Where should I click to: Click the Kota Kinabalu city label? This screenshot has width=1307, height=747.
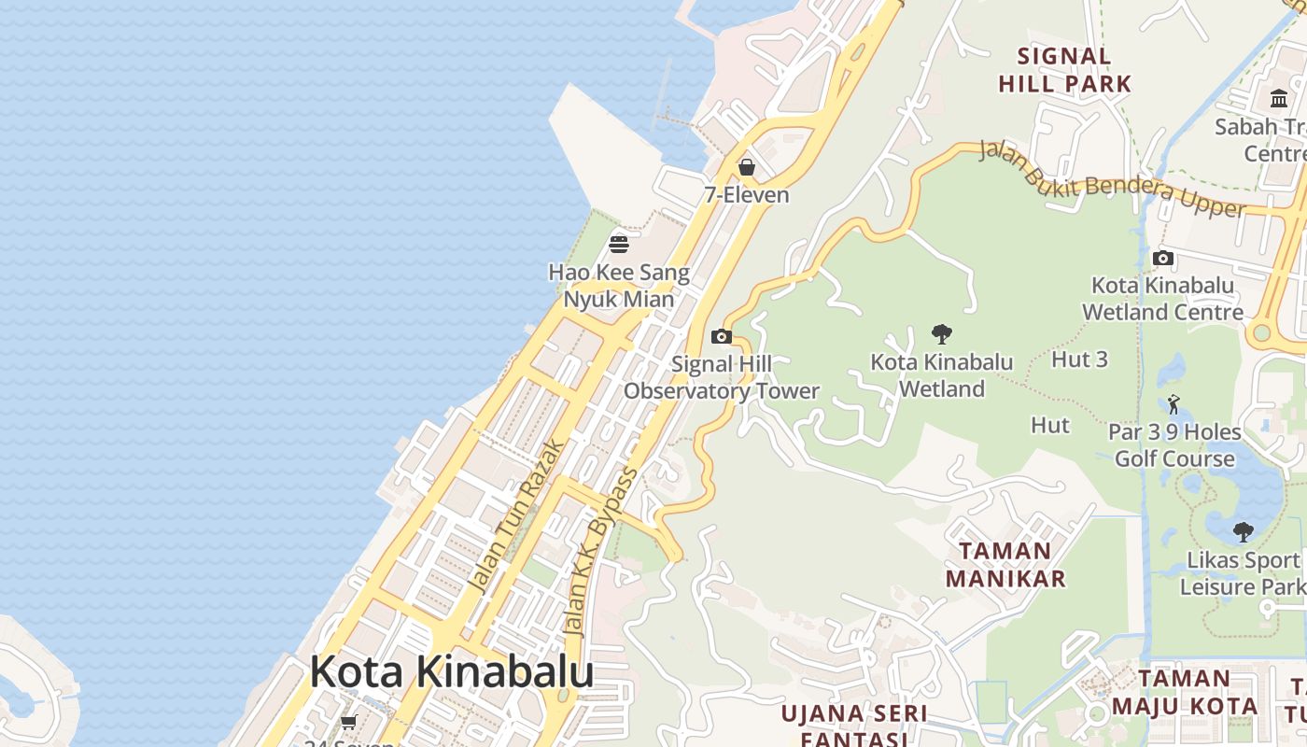pos(451,671)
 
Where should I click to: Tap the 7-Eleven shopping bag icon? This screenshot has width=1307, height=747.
pos(746,167)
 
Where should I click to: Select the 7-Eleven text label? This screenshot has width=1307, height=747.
pos(746,195)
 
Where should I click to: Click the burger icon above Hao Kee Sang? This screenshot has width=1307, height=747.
pos(618,245)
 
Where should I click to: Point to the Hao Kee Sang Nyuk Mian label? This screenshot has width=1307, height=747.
pos(619,286)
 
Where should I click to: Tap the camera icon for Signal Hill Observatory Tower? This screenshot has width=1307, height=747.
pos(721,336)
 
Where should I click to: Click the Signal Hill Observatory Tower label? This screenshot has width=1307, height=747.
pos(722,377)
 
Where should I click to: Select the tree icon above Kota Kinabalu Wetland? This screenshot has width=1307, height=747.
pos(941,333)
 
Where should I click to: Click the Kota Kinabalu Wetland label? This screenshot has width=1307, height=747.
pos(941,374)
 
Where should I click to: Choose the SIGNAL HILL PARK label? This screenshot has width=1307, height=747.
pos(1064,70)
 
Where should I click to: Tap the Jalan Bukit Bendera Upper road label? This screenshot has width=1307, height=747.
pos(1111,179)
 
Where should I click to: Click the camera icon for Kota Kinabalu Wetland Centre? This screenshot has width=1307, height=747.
pos(1162,258)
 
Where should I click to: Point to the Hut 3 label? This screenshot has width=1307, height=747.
pos(1079,359)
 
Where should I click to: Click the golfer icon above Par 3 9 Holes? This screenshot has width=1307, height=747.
pos(1173,404)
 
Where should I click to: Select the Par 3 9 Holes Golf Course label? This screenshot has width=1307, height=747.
pos(1174,445)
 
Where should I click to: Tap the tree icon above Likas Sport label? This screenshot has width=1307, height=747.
pos(1243,532)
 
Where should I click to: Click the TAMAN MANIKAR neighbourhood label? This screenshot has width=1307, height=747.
pos(1005,564)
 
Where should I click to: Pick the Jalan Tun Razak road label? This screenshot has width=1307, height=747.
pos(515,515)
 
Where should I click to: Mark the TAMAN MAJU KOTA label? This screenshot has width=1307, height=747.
pos(1185,692)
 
